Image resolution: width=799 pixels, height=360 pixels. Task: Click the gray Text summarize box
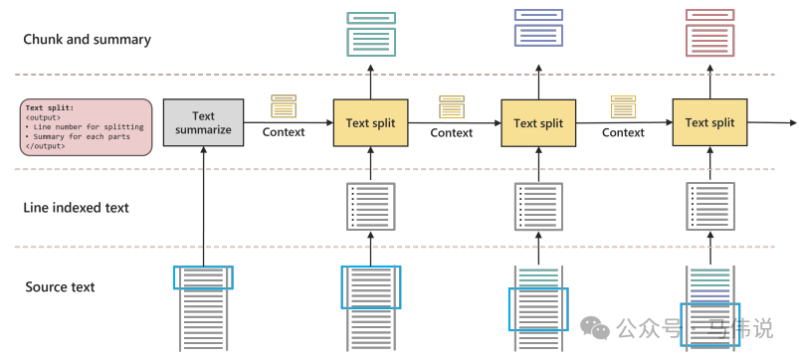tap(203, 122)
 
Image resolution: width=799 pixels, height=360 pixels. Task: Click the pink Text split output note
tap(87, 127)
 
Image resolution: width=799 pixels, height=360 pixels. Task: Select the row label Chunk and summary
tap(88, 39)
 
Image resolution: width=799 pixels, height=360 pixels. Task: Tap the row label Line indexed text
tap(76, 207)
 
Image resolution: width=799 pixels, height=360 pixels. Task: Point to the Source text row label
tap(60, 286)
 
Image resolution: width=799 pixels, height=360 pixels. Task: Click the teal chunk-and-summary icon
tap(371, 34)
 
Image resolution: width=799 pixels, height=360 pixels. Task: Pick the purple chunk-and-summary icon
tap(538, 28)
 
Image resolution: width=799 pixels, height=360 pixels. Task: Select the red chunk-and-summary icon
tap(709, 33)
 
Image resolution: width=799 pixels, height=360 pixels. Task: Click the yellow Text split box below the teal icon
tap(370, 122)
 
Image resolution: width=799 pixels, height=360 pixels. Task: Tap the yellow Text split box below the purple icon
tap(538, 122)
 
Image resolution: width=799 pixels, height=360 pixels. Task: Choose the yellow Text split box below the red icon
tap(709, 122)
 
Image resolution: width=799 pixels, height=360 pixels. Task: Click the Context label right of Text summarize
tap(284, 132)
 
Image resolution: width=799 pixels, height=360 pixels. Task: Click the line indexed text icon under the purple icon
tap(538, 206)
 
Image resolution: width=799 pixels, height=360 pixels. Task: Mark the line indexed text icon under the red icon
tap(709, 206)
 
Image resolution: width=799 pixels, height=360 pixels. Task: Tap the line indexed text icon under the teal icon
tap(370, 206)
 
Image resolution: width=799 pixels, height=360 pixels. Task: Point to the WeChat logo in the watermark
tap(595, 327)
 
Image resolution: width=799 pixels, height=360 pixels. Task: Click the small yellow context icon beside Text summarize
tap(284, 106)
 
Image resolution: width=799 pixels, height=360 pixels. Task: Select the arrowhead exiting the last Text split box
tap(793, 122)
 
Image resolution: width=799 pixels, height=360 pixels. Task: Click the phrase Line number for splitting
tap(89, 126)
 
